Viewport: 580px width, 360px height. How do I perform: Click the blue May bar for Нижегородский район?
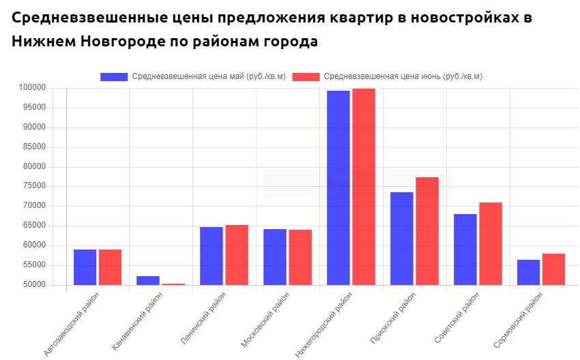pyautogui.click(x=338, y=187)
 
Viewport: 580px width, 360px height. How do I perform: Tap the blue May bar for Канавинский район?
pyautogui.click(x=148, y=280)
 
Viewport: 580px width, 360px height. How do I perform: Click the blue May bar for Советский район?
pyautogui.click(x=465, y=249)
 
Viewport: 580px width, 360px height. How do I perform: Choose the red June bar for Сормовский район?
pyautogui.click(x=553, y=269)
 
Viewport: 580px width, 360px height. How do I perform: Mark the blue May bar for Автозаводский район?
pyautogui.click(x=85, y=267)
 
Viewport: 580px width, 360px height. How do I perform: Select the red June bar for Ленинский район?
pyautogui.click(x=237, y=254)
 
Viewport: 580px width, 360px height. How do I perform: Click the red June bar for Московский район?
pyautogui.click(x=300, y=257)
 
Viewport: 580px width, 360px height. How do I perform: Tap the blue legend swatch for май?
pyautogui.click(x=114, y=76)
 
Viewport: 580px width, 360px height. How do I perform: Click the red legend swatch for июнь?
pyautogui.click(x=306, y=76)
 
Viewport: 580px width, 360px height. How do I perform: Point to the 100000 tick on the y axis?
pyautogui.click(x=32, y=88)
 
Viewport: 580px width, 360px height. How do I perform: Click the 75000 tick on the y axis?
pyautogui.click(x=34, y=186)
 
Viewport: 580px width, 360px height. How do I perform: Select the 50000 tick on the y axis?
pyautogui.click(x=34, y=284)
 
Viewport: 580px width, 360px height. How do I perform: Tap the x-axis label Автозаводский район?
pyautogui.click(x=72, y=323)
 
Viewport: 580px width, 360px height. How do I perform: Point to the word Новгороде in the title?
pyautogui.click(x=122, y=42)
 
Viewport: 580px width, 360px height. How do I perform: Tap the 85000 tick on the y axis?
pyautogui.click(x=34, y=147)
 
